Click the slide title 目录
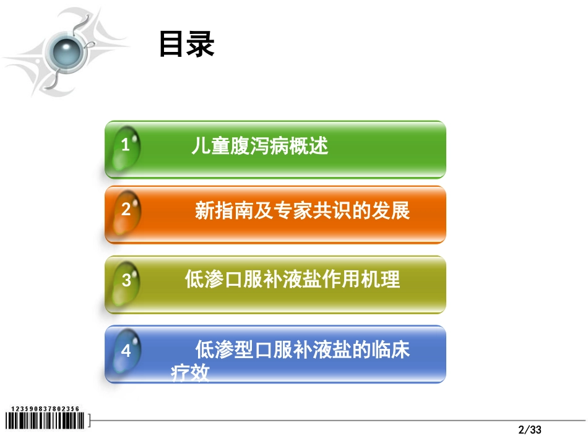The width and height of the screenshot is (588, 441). (x=186, y=45)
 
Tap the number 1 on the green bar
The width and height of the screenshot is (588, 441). (x=126, y=146)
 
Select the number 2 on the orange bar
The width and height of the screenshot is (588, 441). (x=126, y=209)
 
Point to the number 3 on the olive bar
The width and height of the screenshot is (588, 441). (x=126, y=280)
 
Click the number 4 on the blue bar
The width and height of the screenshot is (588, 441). (x=126, y=351)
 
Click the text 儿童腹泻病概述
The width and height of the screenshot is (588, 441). (x=259, y=147)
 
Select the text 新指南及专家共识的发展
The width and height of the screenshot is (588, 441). (x=302, y=210)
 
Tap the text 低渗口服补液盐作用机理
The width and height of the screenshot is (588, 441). (x=292, y=280)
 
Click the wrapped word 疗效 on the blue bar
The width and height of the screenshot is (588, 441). (x=190, y=374)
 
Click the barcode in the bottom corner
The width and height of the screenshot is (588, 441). (x=47, y=421)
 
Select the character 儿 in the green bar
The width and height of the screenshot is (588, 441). (x=199, y=147)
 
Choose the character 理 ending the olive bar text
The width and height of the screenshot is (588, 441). (x=391, y=280)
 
